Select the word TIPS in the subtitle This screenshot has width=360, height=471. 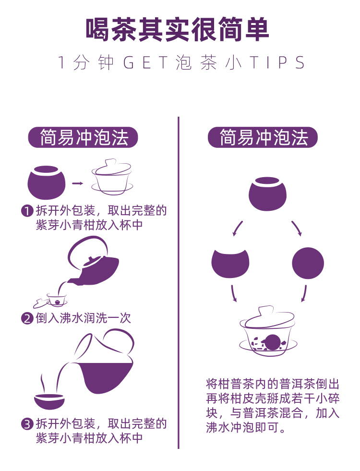pyautogui.click(x=278, y=63)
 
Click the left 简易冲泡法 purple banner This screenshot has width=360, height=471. pyautogui.click(x=83, y=138)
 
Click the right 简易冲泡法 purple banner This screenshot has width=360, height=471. pyautogui.click(x=263, y=138)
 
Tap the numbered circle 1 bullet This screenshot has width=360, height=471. pyautogui.click(x=27, y=211)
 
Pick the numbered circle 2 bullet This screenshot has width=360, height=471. pyautogui.click(x=27, y=318)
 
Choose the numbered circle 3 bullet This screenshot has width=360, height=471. pyautogui.click(x=27, y=424)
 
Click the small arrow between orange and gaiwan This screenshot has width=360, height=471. pyautogui.click(x=77, y=183)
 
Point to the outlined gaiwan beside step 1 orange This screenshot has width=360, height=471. pyautogui.click(x=112, y=177)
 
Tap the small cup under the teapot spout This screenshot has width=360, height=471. pyautogui.click(x=57, y=300)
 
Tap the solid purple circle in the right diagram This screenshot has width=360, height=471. pyautogui.click(x=308, y=263)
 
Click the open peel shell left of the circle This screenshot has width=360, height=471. pyautogui.click(x=230, y=264)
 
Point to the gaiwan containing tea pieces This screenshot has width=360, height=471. pyautogui.click(x=268, y=331)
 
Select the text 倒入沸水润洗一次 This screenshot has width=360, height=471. pyautogui.click(x=83, y=318)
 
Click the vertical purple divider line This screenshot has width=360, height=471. pyautogui.click(x=179, y=283)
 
